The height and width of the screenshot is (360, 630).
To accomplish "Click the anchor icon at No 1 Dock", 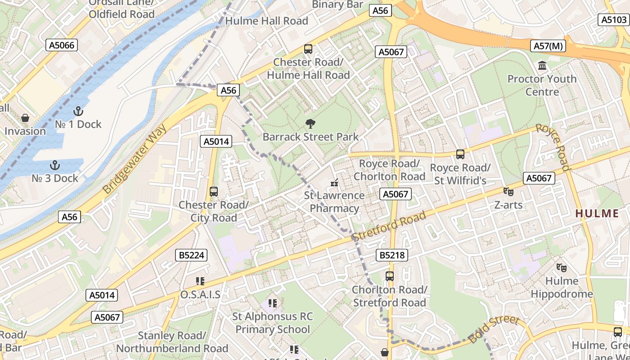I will point(78,111).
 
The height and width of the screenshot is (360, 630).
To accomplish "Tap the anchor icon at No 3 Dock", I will point(54,165).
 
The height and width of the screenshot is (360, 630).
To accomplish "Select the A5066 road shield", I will point(62,45).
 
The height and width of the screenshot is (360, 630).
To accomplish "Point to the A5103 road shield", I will point(614,20).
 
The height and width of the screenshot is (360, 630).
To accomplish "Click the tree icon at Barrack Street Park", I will point(310,124).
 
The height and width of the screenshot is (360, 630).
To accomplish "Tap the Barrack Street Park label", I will point(310,137).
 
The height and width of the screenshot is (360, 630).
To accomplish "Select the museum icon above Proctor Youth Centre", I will point(542,66).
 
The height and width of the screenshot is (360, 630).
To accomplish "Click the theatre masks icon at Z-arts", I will point(508,192).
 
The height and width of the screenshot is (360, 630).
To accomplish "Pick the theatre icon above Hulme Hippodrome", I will point(561,267).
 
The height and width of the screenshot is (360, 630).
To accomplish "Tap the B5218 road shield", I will point(391,256).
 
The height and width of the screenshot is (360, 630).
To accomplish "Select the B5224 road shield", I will point(191,255).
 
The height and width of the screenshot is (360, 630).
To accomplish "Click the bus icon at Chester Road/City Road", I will point(214,191).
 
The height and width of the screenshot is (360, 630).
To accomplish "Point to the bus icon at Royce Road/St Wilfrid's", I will point(460,154).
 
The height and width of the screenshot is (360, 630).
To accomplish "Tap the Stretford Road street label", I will point(389,226).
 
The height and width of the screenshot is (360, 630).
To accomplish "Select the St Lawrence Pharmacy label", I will point(334,202).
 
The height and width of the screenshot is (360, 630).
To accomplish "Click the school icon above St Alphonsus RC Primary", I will point(272,303).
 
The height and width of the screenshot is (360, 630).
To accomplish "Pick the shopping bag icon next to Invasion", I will point(25,118).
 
